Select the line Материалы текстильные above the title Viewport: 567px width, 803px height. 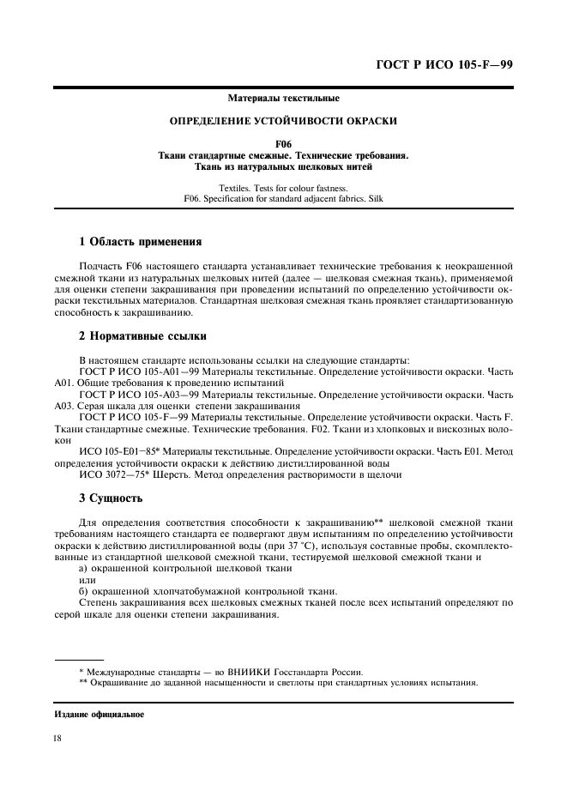[x=283, y=99]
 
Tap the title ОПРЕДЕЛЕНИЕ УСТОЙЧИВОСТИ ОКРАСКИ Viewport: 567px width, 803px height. [x=283, y=121]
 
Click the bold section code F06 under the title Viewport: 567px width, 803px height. [x=283, y=144]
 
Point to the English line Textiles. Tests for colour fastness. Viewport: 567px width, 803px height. [x=283, y=186]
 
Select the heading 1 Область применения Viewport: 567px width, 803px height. [x=140, y=242]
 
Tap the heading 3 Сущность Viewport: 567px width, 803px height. [x=111, y=498]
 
